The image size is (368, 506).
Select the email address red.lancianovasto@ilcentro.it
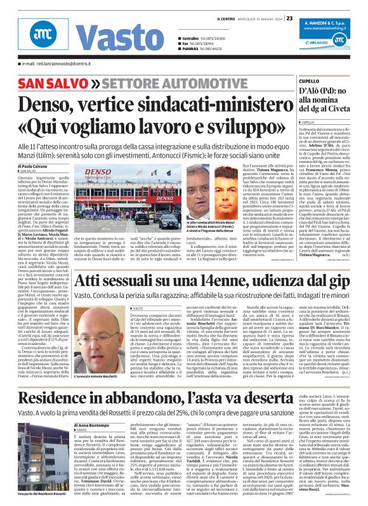(x=54, y=64)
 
